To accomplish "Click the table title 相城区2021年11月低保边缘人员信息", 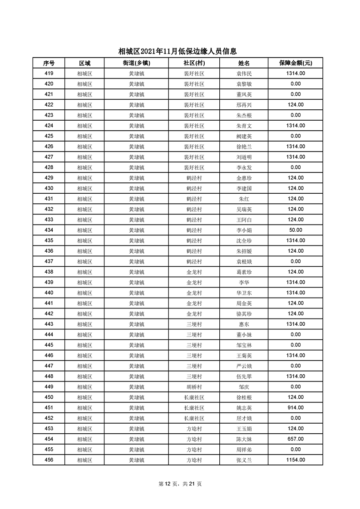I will tap(180, 52).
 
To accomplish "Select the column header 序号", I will tap(49, 63).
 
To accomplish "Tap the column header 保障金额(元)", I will tap(295, 63).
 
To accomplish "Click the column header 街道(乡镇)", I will tap(136, 63).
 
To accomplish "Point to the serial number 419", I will tap(49, 73).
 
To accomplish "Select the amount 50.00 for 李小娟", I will tap(295, 230).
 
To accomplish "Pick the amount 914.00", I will tap(295, 408).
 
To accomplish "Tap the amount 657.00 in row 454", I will tap(295, 439).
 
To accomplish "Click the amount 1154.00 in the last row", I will tap(295, 460).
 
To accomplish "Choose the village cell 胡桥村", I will tap(194, 387).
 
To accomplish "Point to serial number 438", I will tap(49, 272).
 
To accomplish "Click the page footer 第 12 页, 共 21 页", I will tap(180, 484).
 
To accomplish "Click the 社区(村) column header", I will tap(194, 63).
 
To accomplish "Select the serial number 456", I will tap(49, 460).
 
